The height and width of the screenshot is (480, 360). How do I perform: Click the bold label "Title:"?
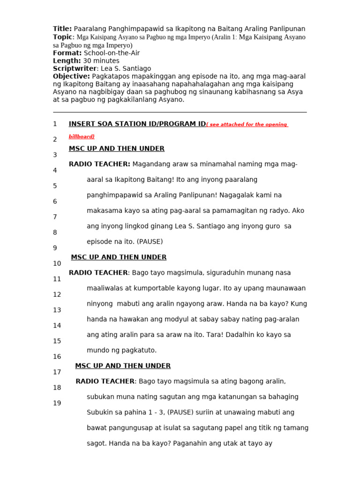click(x=62, y=29)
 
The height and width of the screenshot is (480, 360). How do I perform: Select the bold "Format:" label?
click(x=67, y=53)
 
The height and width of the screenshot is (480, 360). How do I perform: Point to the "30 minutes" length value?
click(x=101, y=61)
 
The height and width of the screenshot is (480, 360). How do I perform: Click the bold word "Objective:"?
click(x=71, y=76)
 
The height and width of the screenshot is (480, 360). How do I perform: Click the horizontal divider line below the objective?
click(x=180, y=112)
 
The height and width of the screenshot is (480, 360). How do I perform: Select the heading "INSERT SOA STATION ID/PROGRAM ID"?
click(x=137, y=124)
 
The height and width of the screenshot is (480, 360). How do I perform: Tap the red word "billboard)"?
click(x=82, y=136)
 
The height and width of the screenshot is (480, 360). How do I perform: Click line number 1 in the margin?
click(x=55, y=124)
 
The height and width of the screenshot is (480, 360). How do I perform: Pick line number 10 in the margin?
click(x=57, y=263)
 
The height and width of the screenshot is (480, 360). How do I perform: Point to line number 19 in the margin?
click(x=57, y=403)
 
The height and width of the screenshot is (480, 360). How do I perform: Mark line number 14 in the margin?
click(x=57, y=325)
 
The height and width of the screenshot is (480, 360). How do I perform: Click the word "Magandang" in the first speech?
click(x=150, y=164)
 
